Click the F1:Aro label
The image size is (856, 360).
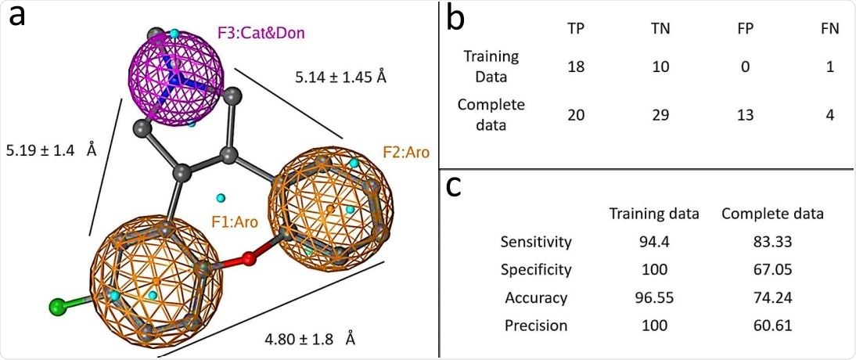(234, 222)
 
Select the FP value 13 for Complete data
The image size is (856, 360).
(745, 114)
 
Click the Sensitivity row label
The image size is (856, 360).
(536, 241)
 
